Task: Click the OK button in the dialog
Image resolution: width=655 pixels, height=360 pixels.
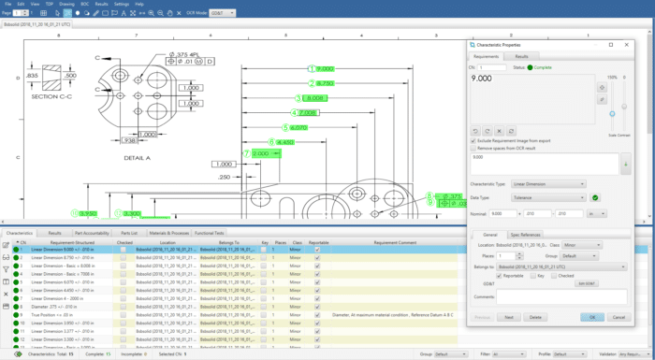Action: coord(590,317)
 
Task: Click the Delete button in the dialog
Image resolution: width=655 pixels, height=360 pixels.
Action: coord(536,317)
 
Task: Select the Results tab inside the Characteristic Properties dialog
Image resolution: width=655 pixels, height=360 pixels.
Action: coord(521,56)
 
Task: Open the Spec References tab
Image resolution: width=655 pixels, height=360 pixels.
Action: coord(525,234)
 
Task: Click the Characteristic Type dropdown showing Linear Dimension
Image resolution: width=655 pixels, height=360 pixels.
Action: coord(548,183)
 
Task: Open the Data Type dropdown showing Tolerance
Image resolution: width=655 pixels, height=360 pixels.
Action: coord(548,197)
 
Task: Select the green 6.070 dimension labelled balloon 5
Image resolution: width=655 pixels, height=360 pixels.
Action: coord(298,127)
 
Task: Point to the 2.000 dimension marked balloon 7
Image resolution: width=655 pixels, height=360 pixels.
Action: coord(258,152)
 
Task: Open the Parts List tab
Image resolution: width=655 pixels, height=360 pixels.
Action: coord(129,233)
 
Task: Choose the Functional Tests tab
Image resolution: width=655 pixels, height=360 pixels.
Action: coord(209,233)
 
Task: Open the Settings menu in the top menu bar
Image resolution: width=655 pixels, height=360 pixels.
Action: coord(122,4)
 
